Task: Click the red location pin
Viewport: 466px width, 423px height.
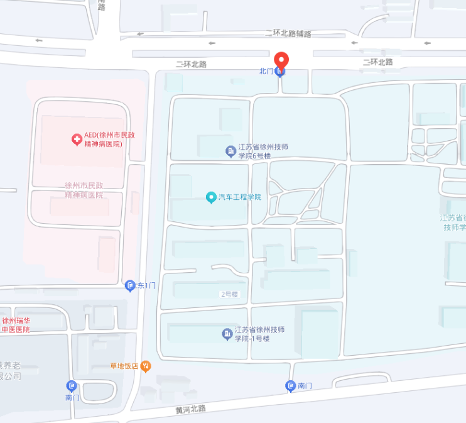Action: click(x=282, y=60)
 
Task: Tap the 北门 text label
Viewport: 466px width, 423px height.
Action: click(x=266, y=72)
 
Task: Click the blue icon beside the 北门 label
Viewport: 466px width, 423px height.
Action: click(x=280, y=72)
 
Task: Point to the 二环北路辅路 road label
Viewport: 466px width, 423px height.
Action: click(x=288, y=33)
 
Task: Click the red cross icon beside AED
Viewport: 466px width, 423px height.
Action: click(x=77, y=138)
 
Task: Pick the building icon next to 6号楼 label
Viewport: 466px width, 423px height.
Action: click(x=230, y=151)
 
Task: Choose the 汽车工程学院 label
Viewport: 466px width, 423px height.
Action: click(x=239, y=197)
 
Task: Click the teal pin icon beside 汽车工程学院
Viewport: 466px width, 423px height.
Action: click(x=211, y=197)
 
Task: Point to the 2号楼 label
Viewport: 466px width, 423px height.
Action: click(x=229, y=294)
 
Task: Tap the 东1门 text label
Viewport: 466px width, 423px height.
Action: click(x=146, y=286)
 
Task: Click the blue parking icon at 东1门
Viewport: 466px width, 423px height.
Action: click(x=130, y=286)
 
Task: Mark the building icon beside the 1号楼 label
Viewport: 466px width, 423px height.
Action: click(x=227, y=334)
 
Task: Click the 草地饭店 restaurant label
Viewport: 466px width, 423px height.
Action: click(x=124, y=366)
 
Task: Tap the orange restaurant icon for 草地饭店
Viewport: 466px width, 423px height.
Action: click(x=146, y=366)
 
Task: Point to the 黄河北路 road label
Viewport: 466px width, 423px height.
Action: click(x=191, y=409)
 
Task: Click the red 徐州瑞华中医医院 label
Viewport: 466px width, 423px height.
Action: click(x=16, y=324)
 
